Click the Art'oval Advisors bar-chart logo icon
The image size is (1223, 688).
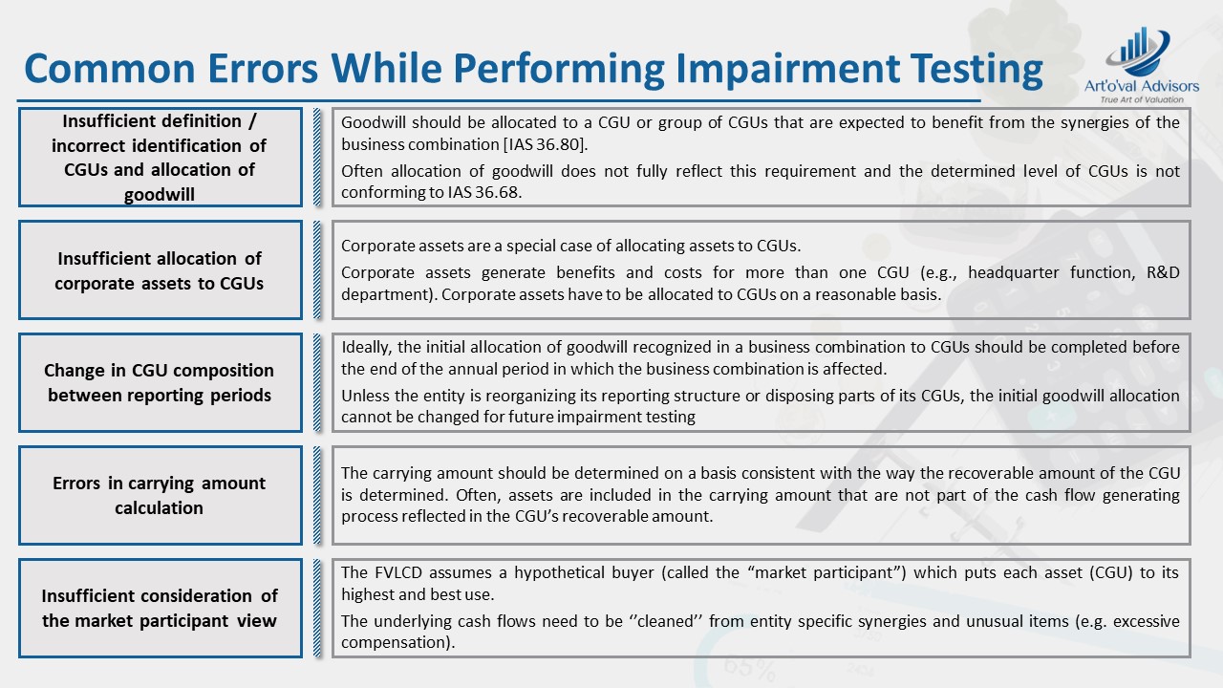(1139, 53)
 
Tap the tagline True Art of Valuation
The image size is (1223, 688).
(1142, 99)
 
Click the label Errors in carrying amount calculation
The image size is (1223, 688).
(160, 495)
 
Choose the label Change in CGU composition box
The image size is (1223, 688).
(160, 382)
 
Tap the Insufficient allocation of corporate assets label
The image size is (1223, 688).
(160, 270)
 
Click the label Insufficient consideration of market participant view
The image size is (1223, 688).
(160, 608)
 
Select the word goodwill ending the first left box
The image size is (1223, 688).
(160, 195)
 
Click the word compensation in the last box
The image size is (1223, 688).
(395, 642)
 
